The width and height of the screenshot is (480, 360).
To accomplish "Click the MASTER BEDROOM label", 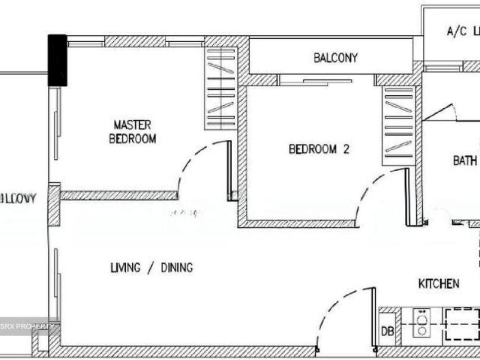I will (x=133, y=131).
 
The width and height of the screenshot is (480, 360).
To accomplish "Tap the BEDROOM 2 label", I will (x=319, y=149).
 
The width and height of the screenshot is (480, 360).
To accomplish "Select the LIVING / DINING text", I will (x=151, y=268).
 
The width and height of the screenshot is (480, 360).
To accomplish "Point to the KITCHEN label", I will (x=439, y=283).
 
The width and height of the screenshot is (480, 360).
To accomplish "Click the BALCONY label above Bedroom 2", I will (x=335, y=58).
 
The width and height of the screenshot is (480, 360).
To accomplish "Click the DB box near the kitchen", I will (x=388, y=331).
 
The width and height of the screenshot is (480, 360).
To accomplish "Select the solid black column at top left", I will (x=58, y=61).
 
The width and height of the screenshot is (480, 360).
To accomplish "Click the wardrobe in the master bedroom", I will (x=220, y=88).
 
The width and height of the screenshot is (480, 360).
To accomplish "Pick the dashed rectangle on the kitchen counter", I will (x=461, y=325).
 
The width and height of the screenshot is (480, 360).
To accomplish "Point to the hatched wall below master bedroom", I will (x=118, y=195).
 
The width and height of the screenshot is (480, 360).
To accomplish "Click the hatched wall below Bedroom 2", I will (x=300, y=223).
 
